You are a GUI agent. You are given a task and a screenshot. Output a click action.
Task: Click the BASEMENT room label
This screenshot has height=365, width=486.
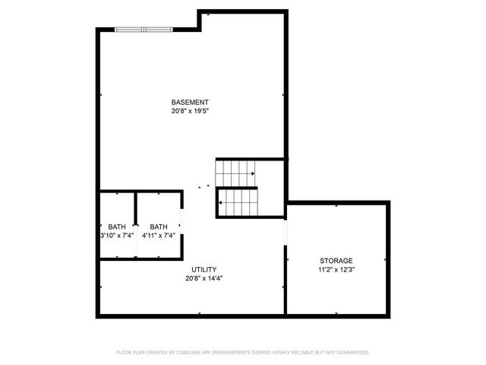click(190, 102)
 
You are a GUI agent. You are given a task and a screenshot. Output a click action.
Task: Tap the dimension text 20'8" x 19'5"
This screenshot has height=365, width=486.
click(190, 111)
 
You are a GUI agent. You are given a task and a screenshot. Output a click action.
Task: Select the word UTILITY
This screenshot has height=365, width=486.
click(204, 269)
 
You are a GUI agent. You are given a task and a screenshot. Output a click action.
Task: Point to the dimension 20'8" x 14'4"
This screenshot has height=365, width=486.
click(204, 278)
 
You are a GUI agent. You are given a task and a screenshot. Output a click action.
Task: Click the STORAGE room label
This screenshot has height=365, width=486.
click(336, 260)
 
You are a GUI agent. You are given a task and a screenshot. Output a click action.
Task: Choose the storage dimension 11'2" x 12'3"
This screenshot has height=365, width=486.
click(336, 269)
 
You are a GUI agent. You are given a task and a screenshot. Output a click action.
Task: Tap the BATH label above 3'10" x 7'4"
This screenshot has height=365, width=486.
click(117, 227)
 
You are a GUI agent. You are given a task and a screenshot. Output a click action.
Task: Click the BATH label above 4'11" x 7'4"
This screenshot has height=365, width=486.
click(159, 227)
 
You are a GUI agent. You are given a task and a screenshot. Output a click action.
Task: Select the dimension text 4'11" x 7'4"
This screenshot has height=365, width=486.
click(159, 236)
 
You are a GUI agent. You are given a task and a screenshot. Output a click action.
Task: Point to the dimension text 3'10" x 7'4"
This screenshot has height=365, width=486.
click(117, 236)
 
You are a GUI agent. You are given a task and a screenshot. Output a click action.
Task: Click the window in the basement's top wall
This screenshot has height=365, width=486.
click(143, 30)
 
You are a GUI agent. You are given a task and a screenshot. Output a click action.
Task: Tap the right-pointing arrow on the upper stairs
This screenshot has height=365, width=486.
click(251, 174)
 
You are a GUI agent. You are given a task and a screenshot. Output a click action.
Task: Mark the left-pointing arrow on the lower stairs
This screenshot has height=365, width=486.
click(220, 202)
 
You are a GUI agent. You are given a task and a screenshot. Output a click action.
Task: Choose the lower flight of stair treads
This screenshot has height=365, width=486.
click(238, 202)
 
